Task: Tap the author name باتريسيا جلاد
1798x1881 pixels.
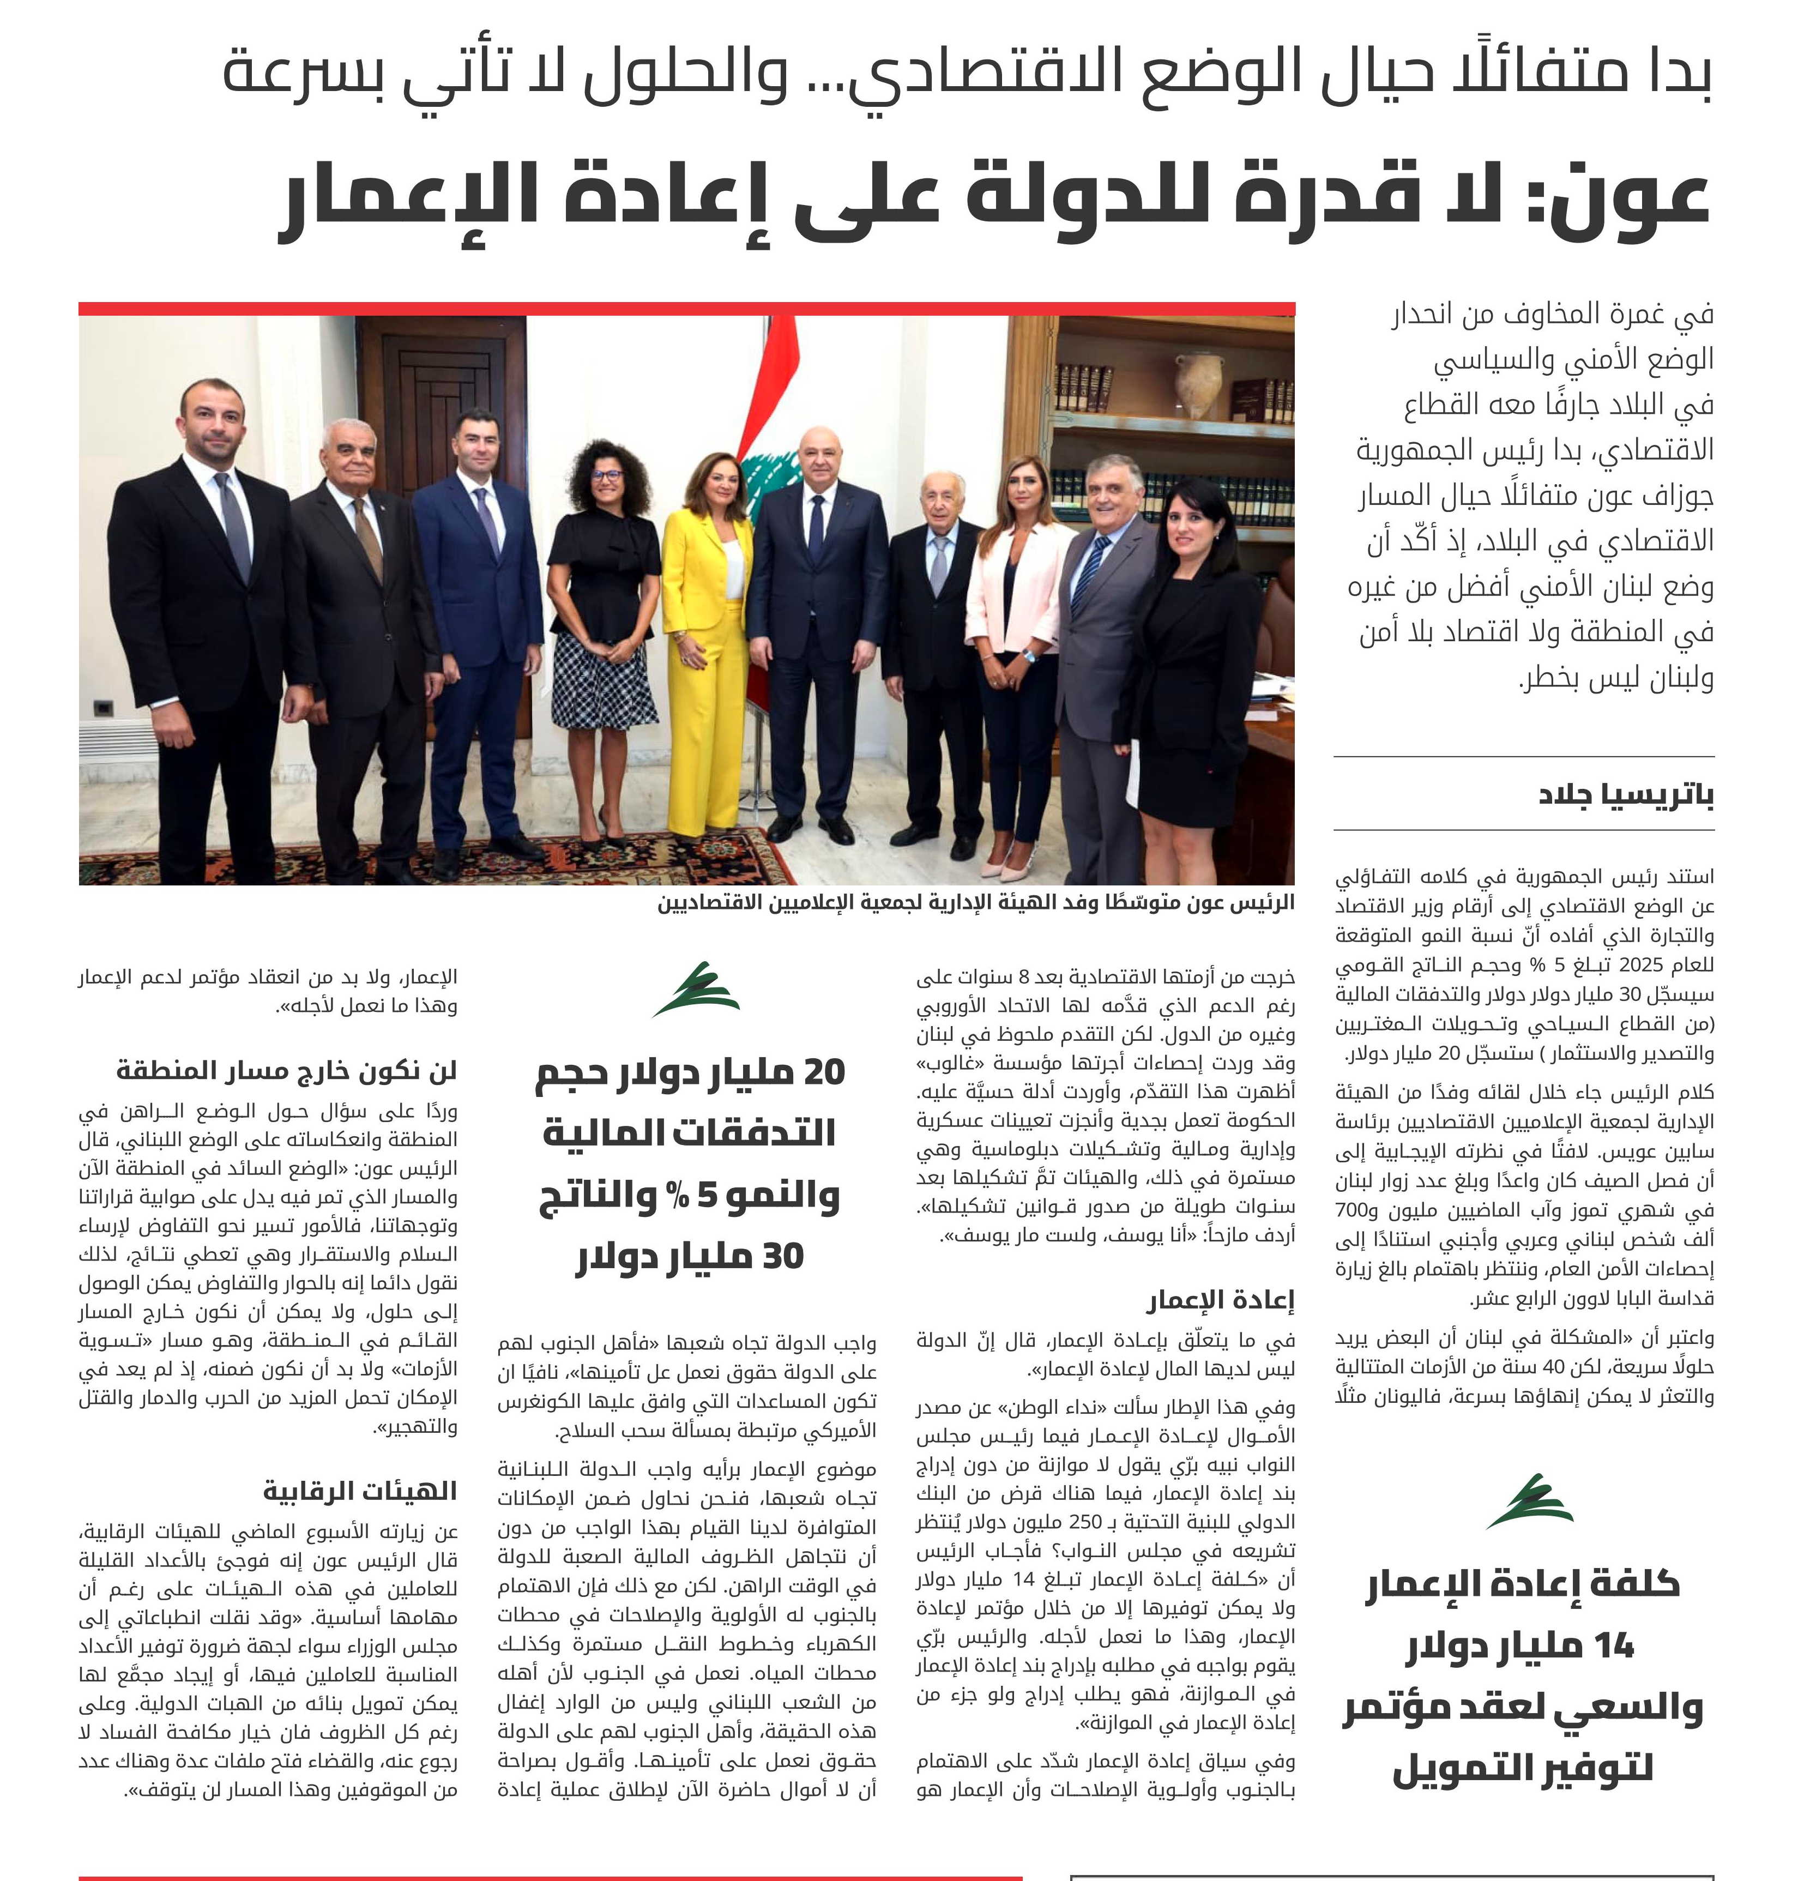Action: point(1626,795)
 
